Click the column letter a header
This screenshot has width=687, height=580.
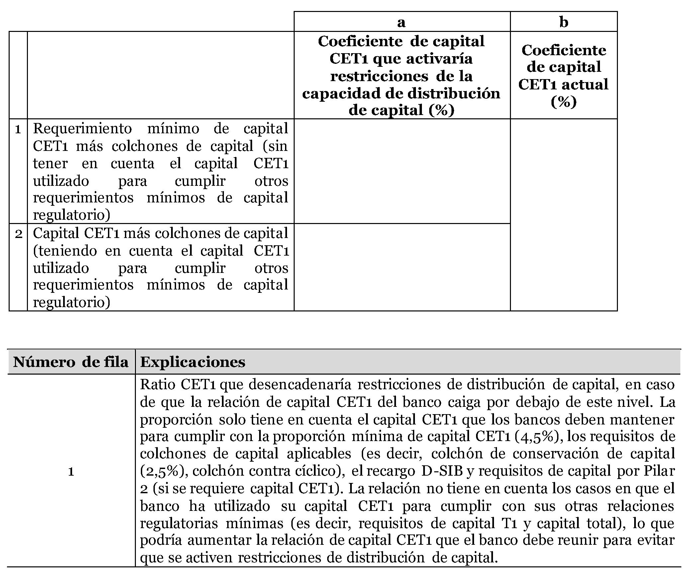coord(401,22)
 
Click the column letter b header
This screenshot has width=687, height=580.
coord(563,22)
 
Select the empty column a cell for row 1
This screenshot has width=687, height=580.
coord(402,171)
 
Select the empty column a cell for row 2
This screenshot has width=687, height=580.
coord(402,267)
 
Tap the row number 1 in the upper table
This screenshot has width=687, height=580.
coord(18,129)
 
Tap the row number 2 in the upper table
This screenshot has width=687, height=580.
coord(18,234)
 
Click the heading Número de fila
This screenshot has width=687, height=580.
coord(71,362)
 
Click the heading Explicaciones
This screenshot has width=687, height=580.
coord(193,362)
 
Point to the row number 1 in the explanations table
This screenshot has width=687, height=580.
coord(71,471)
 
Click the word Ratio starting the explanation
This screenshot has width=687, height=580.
coord(158,385)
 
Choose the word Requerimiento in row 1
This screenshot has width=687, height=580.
coord(82,129)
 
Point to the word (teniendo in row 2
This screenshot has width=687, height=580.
coord(65,251)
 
